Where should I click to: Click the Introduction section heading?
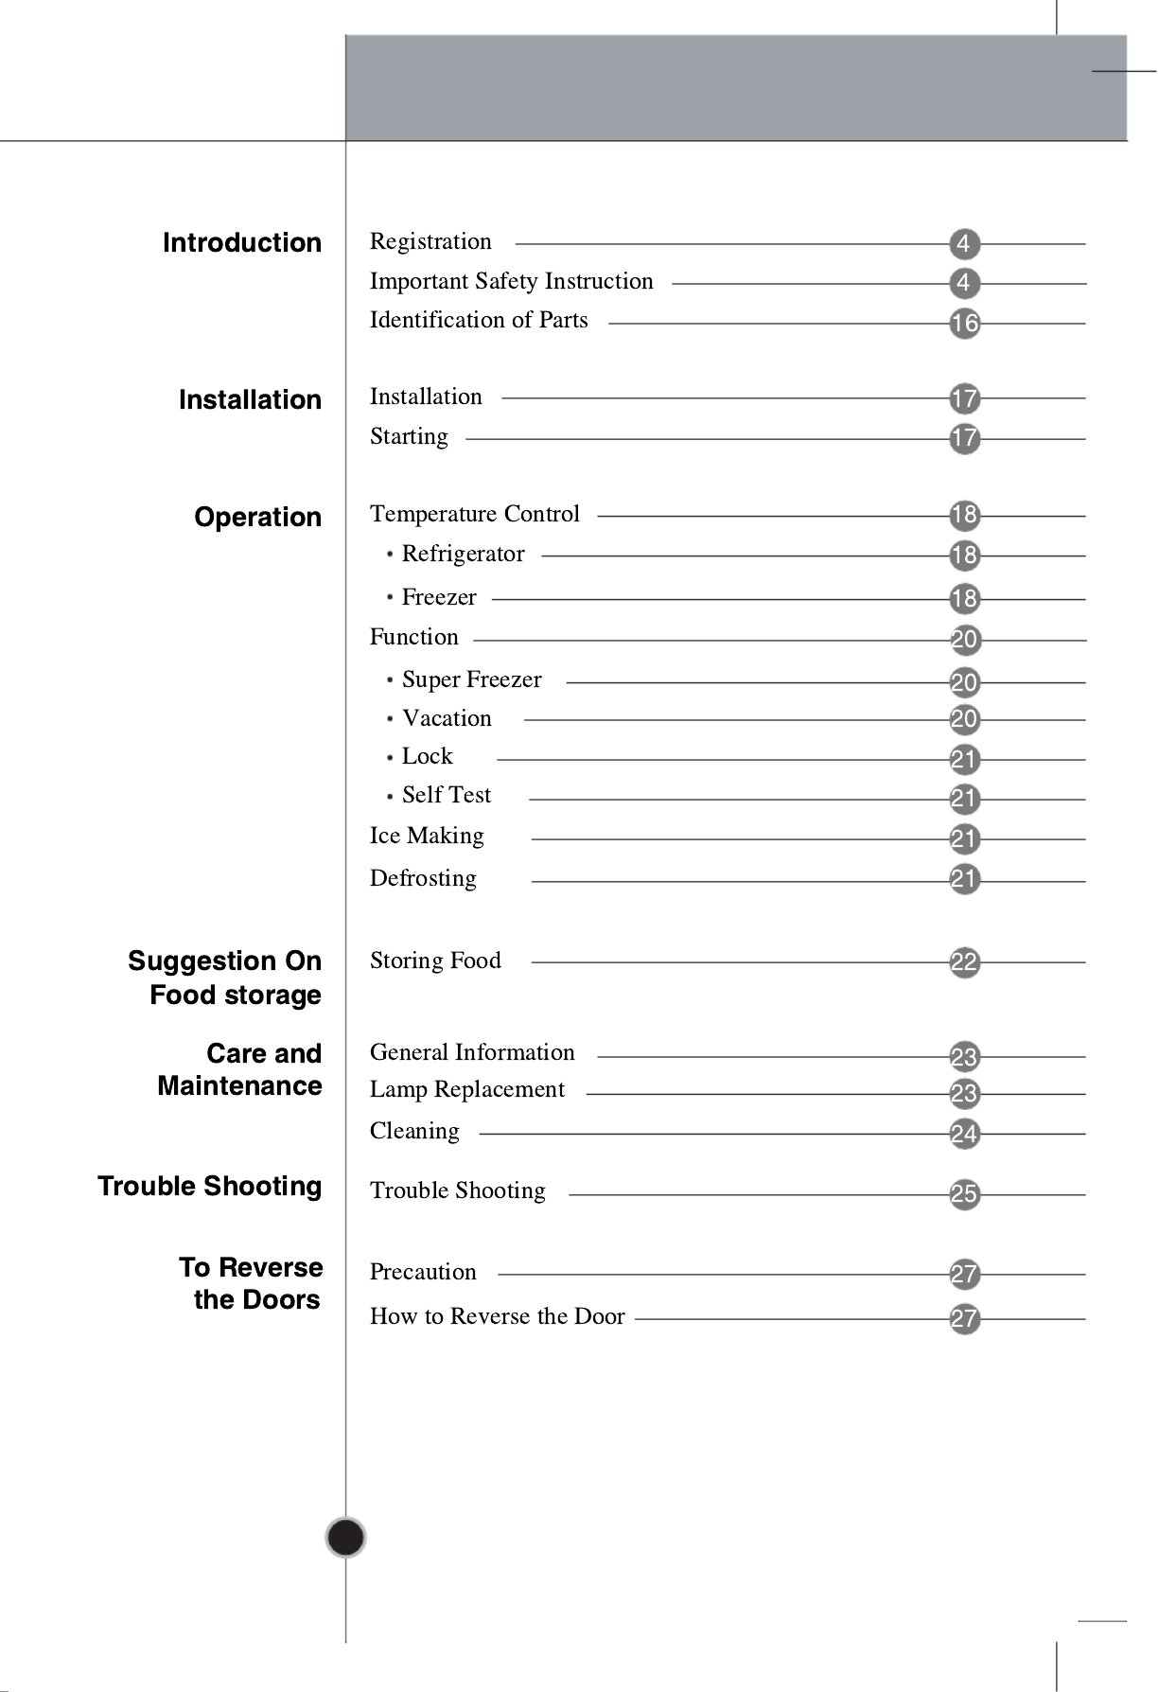click(242, 243)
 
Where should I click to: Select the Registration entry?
click(430, 242)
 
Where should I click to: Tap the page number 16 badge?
click(964, 324)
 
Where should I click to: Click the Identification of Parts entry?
click(479, 321)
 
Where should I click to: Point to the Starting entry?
click(409, 437)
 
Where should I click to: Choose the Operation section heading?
click(257, 518)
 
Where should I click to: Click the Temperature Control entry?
click(475, 514)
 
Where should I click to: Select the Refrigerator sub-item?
click(463, 555)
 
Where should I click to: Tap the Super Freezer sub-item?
click(471, 680)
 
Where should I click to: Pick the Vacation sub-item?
click(447, 719)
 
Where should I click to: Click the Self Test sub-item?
click(446, 796)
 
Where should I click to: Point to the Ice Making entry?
click(427, 837)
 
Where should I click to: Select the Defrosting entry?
click(423, 879)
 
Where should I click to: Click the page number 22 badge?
click(964, 963)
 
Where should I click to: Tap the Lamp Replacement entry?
click(467, 1090)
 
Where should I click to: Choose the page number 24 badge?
click(964, 1134)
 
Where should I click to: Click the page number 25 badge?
click(964, 1194)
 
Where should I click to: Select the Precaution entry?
click(423, 1273)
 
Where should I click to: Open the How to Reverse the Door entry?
click(497, 1317)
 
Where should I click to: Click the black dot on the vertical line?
click(346, 1538)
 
